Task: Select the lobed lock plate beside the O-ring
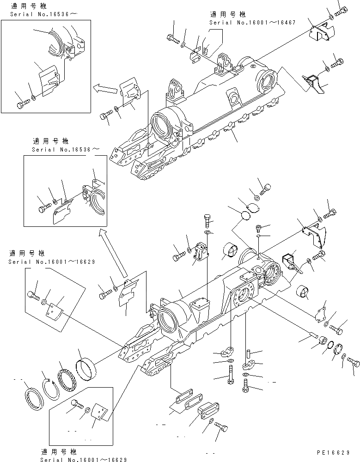click(x=340, y=353)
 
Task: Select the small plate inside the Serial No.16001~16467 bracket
click(x=206, y=48)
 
